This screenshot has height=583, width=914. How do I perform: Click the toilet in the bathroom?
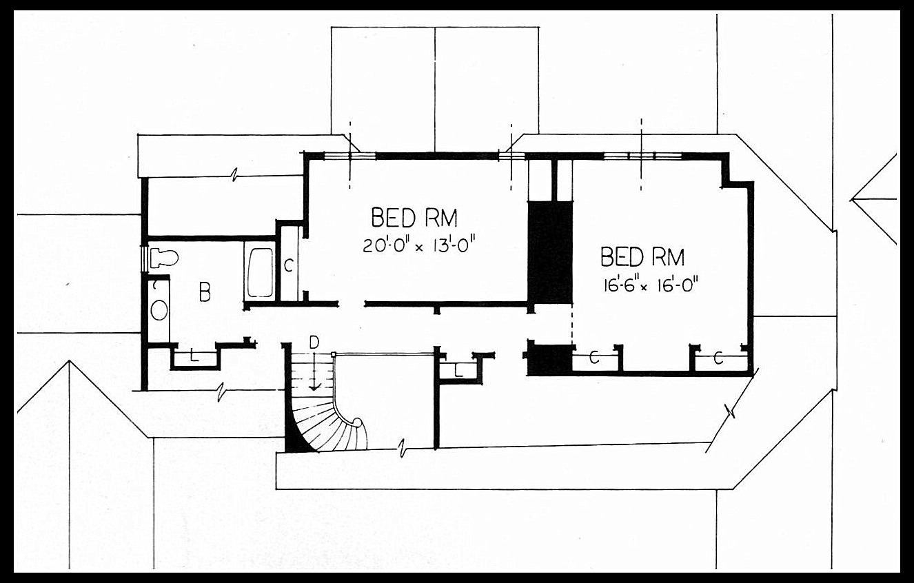tap(164, 258)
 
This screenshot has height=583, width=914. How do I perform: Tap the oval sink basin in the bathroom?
tap(159, 310)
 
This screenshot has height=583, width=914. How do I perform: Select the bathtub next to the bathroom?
tap(260, 272)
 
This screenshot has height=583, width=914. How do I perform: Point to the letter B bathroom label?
tap(205, 291)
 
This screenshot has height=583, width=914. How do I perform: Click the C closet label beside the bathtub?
tap(288, 265)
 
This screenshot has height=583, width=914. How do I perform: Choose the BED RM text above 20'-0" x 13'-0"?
tap(414, 218)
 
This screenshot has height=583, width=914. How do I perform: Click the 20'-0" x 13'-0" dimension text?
tap(420, 246)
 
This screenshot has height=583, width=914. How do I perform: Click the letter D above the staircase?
tap(314, 342)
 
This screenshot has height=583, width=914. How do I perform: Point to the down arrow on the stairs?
tap(314, 371)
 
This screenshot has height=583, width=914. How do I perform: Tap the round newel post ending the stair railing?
tap(357, 422)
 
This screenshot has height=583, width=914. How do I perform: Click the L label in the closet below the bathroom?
tap(194, 356)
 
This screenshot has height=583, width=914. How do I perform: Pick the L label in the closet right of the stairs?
tap(458, 371)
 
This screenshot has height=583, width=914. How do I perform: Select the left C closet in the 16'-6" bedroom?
tap(594, 358)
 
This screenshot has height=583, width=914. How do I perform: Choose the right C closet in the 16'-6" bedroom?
tap(718, 358)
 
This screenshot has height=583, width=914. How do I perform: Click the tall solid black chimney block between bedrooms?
tap(551, 252)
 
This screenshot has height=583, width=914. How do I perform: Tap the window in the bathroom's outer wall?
tap(144, 258)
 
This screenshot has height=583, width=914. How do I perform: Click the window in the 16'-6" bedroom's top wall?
tap(642, 156)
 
